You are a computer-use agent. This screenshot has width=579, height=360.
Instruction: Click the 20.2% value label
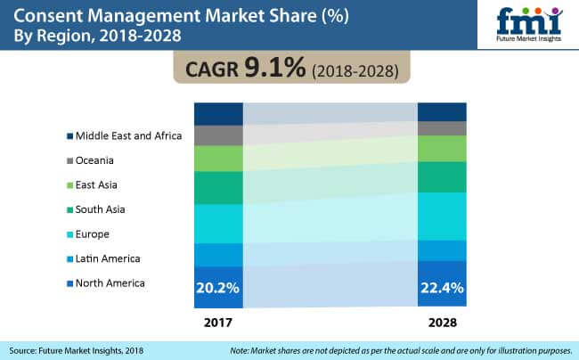pyautogui.click(x=218, y=287)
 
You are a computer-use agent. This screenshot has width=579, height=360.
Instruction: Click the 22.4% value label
pyautogui.click(x=442, y=287)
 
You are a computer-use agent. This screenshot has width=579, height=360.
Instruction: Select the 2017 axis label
pyautogui.click(x=218, y=318)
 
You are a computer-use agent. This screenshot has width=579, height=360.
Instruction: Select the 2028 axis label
pyautogui.click(x=442, y=318)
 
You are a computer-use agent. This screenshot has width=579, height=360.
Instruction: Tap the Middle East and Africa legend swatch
pyautogui.click(x=68, y=136)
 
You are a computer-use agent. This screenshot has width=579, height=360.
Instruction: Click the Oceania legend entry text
pyautogui.click(x=96, y=160)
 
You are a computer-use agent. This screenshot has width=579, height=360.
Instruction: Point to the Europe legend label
pyautogui.click(x=94, y=234)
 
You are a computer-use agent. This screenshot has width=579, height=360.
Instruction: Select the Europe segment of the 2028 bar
pyautogui.click(x=442, y=216)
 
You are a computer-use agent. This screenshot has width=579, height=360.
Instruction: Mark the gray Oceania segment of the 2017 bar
pyautogui.click(x=218, y=135)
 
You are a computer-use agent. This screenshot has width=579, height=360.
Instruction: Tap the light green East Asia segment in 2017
pyautogui.click(x=218, y=159)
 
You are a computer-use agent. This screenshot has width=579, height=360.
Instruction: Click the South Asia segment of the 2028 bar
pyautogui.click(x=442, y=176)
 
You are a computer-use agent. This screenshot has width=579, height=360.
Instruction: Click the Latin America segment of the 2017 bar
pyautogui.click(x=218, y=255)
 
